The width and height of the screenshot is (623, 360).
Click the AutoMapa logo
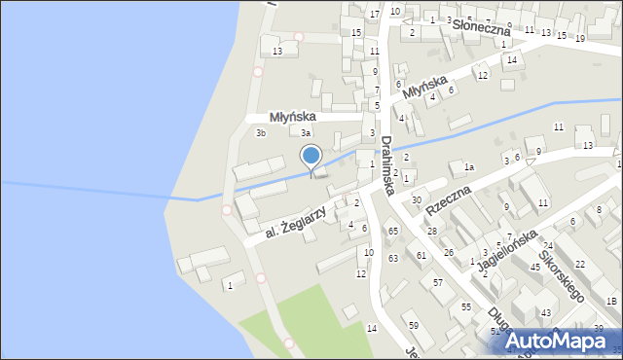click(559, 341)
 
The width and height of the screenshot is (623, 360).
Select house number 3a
click(306, 132)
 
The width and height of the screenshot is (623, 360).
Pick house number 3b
click(260, 132)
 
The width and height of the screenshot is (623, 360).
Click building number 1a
click(468, 167)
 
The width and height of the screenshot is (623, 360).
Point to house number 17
click(375, 15)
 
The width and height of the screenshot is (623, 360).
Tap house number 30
click(417, 200)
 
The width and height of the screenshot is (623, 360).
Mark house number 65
click(393, 232)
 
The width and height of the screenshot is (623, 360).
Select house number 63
click(393, 259)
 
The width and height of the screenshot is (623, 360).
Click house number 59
click(413, 325)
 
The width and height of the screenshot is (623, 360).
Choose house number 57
click(438, 283)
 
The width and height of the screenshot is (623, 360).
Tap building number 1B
click(610, 302)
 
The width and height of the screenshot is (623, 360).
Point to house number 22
click(579, 265)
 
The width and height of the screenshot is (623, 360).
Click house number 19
click(580, 38)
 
